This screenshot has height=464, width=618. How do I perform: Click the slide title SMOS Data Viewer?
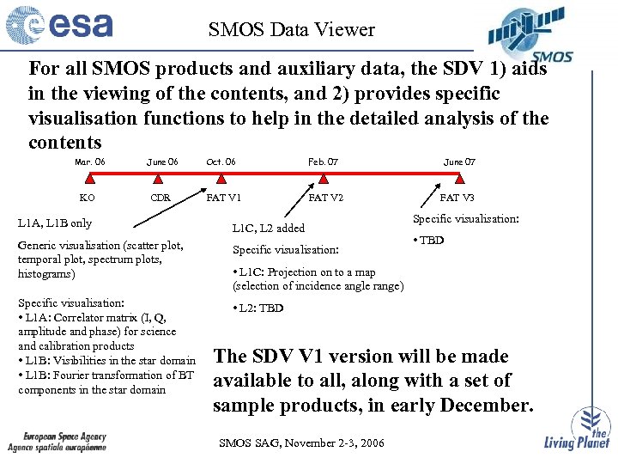point(291,30)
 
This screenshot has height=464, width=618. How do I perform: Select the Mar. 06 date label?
point(90,162)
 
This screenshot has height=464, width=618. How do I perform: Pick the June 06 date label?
point(162,162)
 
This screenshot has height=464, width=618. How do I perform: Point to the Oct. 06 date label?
point(221,162)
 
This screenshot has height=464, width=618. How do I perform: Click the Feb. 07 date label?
point(323,162)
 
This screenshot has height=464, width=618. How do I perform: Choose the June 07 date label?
point(459,162)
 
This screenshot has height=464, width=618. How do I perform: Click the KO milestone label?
point(88,198)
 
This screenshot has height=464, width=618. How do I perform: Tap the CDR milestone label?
point(161,198)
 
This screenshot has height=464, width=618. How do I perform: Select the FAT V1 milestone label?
point(224,198)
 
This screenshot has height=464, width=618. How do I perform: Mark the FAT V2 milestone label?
point(326,198)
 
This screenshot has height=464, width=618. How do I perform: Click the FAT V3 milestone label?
point(457,198)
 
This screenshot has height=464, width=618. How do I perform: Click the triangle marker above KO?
point(88,180)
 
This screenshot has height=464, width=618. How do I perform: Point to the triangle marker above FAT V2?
point(324,180)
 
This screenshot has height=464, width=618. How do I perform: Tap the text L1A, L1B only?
point(55,223)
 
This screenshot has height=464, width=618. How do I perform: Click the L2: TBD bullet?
point(258,308)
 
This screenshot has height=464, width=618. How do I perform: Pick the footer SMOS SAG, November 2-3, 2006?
point(302,443)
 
